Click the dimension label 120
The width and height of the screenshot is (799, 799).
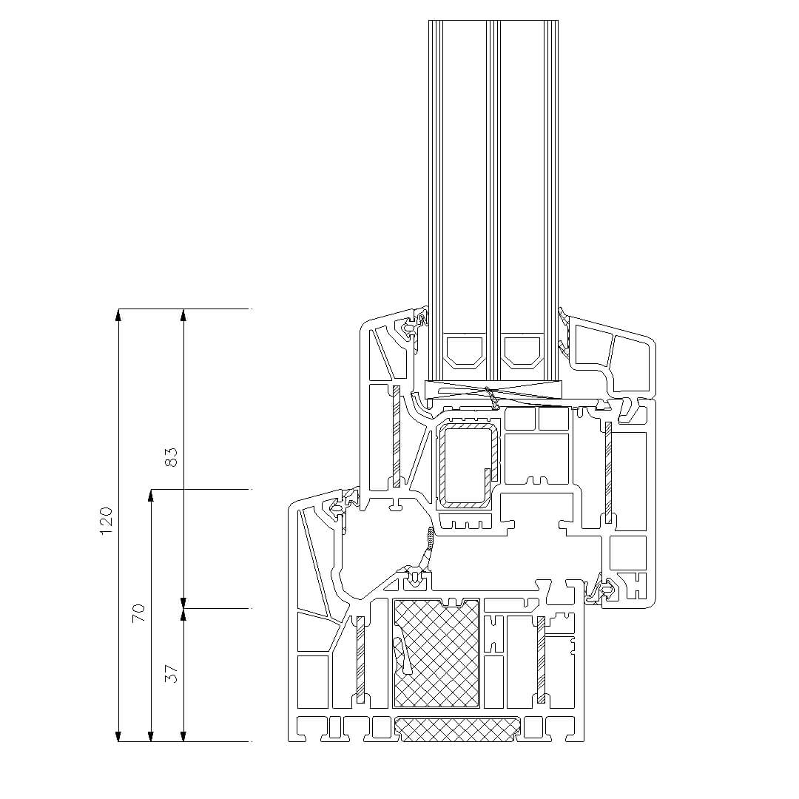tap(106, 520)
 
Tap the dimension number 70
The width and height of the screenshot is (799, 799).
tap(138, 612)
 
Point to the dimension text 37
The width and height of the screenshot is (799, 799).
tap(172, 674)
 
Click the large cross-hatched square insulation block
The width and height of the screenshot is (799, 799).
tap(436, 653)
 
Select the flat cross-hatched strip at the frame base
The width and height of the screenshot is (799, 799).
tap(458, 729)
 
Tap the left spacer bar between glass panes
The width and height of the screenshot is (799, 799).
tap(464, 351)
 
